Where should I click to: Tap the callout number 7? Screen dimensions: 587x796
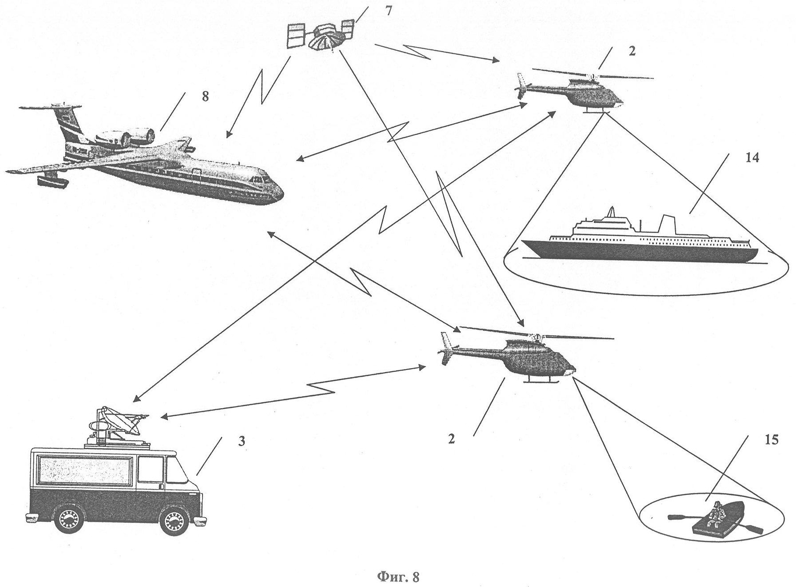click(x=388, y=10)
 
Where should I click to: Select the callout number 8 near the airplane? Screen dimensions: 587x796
click(x=205, y=96)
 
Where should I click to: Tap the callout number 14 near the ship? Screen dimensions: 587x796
click(x=752, y=158)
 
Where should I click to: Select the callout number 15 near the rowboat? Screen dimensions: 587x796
click(x=772, y=440)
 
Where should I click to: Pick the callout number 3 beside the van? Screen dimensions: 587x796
click(x=241, y=442)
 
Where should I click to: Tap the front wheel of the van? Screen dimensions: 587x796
click(x=174, y=522)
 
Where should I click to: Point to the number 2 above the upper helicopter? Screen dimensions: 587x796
click(x=632, y=51)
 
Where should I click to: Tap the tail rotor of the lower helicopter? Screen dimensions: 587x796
click(x=446, y=350)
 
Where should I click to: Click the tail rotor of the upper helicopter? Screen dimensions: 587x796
click(x=522, y=86)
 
